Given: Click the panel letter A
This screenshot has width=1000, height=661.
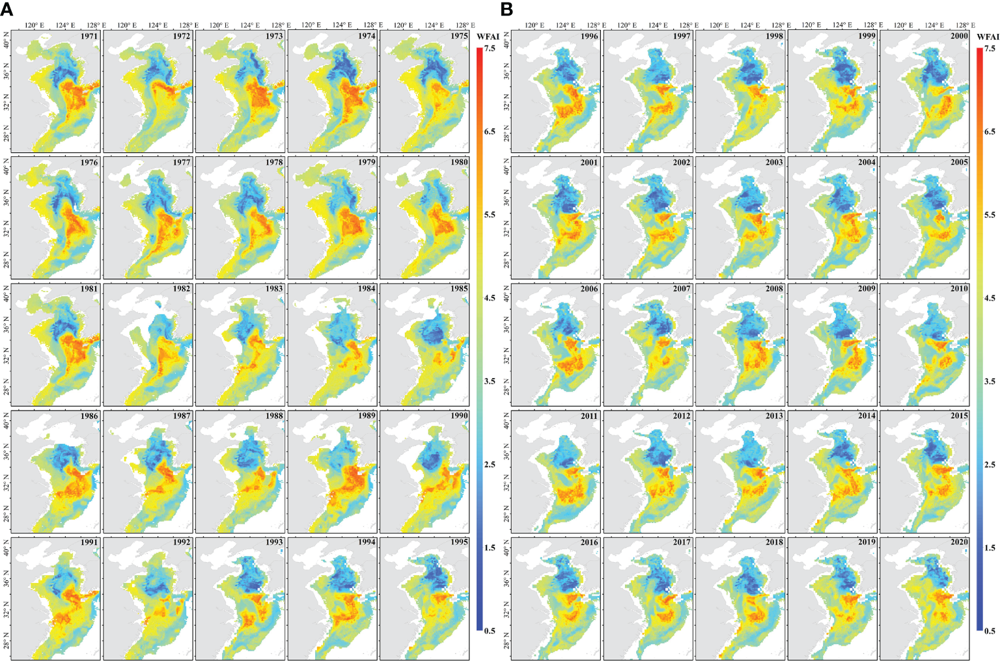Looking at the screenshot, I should click(x=7, y=9).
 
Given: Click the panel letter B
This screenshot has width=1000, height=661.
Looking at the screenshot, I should click(x=507, y=9).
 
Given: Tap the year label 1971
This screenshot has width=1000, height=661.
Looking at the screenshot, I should click(x=89, y=36).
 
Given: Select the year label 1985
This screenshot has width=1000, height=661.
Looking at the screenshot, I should click(x=459, y=288).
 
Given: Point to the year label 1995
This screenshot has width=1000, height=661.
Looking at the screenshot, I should click(x=459, y=542).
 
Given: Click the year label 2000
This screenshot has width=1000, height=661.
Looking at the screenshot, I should click(x=959, y=36).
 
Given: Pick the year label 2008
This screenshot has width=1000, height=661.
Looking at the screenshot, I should click(x=774, y=288).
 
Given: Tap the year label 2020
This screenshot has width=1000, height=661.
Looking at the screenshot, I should click(x=959, y=542).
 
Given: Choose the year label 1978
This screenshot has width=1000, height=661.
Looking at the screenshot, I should click(x=274, y=162).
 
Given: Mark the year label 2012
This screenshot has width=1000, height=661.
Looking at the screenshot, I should click(x=682, y=415).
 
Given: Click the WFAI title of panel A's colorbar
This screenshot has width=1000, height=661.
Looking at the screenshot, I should click(x=488, y=36).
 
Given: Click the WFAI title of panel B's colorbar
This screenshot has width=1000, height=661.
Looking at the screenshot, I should click(x=988, y=36).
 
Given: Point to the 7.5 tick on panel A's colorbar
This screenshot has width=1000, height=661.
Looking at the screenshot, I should click(x=490, y=48).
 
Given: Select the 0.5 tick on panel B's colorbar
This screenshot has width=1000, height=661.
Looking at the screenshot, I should click(x=990, y=630).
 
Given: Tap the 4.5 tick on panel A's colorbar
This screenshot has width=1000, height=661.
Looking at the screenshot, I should click(x=490, y=298).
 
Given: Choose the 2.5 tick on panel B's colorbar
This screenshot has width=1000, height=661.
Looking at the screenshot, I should click(x=990, y=465).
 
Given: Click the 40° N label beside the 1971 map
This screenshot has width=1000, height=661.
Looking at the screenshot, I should click(x=7, y=44).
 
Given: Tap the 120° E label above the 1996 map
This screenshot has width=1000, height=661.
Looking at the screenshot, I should click(x=534, y=25).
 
